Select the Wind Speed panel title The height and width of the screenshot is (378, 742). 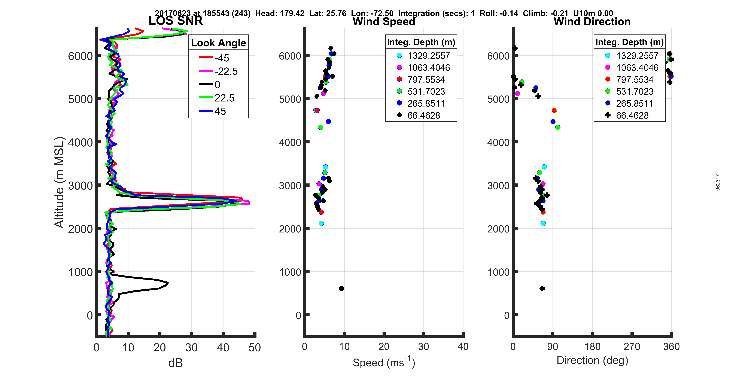tap(384, 22)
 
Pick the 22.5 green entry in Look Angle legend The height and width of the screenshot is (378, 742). tap(224, 98)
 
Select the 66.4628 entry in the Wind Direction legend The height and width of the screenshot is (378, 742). tap(632, 116)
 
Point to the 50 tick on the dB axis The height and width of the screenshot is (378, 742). tap(255, 348)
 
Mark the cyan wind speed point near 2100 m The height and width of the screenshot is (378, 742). tap(321, 223)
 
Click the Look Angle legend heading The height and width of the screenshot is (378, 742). tap(218, 43)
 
